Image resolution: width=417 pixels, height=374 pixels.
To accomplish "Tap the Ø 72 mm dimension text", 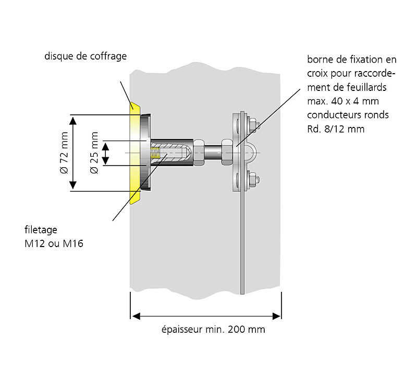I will [x=64, y=155].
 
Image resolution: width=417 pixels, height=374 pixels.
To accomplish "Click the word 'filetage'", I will [x=41, y=230].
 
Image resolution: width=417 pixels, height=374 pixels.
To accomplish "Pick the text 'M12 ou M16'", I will [x=54, y=243].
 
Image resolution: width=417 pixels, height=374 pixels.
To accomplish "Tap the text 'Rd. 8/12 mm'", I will [x=336, y=128].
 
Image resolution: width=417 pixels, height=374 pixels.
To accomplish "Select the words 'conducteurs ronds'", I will [x=348, y=114].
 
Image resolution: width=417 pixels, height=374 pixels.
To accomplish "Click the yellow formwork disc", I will [x=135, y=151].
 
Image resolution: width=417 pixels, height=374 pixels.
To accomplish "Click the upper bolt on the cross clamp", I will [x=253, y=125].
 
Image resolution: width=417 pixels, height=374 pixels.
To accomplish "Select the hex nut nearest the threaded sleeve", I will [x=199, y=153].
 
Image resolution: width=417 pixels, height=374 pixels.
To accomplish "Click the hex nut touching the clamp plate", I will [x=227, y=152].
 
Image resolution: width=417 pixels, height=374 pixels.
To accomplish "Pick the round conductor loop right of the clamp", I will [x=251, y=153].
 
